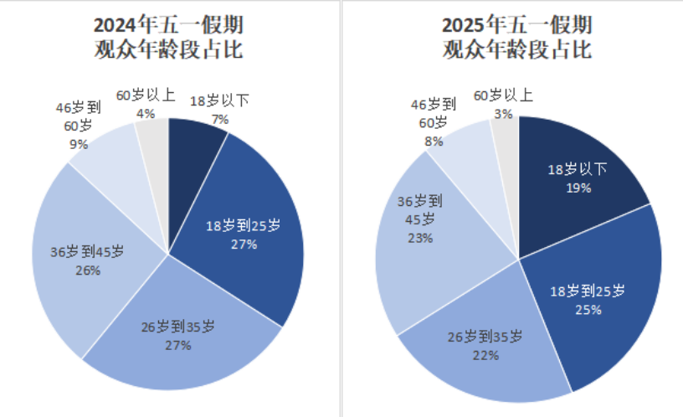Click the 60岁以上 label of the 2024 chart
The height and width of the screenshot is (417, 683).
click(145, 95)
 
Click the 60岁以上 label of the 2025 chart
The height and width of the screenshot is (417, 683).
click(503, 95)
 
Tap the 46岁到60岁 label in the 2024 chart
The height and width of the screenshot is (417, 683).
click(79, 116)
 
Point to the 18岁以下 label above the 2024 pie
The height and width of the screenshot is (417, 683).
click(220, 103)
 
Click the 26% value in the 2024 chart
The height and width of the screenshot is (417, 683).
click(88, 270)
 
